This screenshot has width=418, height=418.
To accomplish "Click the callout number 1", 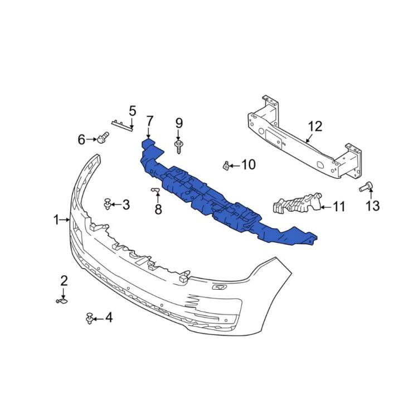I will pos(56,220).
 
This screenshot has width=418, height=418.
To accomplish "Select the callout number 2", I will pos(64,280).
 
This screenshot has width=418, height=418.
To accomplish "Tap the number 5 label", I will pos(133,111).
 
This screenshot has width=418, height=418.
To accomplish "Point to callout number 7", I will pos(149,121).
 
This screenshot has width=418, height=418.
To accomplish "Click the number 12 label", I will pos(315,126).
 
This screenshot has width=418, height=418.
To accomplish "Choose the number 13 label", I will pos(372,206).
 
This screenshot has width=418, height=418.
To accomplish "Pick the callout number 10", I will pos(248,164).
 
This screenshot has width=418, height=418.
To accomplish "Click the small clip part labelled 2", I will pos(62,301).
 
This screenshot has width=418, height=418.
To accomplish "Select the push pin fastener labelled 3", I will pos(106,204).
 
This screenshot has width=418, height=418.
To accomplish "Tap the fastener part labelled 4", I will pos(89,318).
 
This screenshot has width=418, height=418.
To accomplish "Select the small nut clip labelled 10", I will pos(226,164).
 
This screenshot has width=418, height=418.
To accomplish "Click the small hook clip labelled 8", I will pos(156,192).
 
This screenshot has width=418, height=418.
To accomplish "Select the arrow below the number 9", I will pos(179,135).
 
